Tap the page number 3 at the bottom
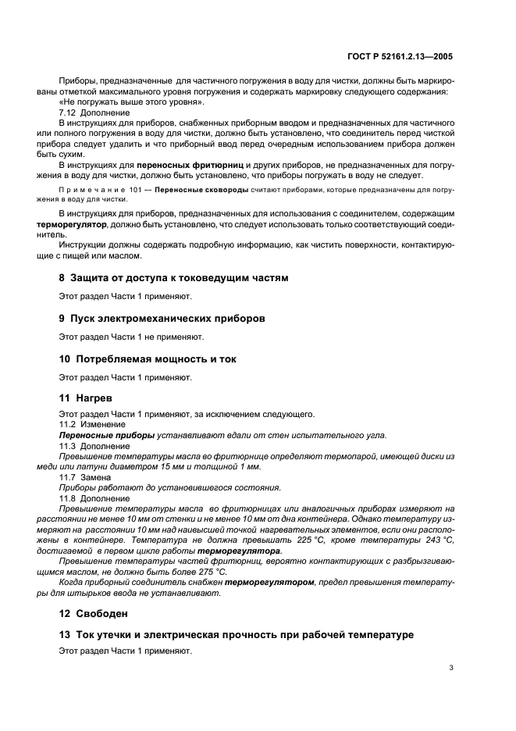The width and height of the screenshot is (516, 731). [451, 667]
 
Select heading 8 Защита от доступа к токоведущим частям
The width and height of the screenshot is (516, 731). [173, 277]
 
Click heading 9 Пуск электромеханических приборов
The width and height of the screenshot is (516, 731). [162, 318]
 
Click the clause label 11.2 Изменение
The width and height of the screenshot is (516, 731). [84, 424]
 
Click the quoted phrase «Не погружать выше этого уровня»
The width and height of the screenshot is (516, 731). [132, 102]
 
